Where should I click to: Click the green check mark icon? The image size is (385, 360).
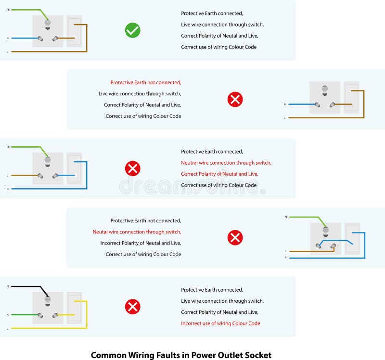click(132, 31)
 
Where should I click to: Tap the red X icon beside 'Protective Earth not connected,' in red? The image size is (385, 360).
click(235, 100)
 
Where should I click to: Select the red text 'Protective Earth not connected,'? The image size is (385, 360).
click(146, 83)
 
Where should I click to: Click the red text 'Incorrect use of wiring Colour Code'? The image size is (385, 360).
click(220, 323)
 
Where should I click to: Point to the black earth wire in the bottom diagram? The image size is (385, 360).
click(29, 286)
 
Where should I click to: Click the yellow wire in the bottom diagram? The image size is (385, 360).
click(48, 328)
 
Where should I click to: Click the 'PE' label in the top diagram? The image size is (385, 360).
click(8, 9)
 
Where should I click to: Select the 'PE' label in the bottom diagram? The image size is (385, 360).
click(8, 286)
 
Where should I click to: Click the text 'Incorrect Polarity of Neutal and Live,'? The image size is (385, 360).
click(141, 243)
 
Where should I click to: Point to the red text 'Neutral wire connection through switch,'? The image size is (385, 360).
click(226, 163)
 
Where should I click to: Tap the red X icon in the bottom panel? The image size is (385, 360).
click(132, 307)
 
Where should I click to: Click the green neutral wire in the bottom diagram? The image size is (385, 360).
click(24, 315)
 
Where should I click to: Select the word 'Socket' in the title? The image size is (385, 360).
click(257, 356)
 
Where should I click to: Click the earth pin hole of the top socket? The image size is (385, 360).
click(48, 22)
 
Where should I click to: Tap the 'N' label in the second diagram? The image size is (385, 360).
click(284, 104)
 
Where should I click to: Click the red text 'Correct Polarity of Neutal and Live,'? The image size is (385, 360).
click(219, 174)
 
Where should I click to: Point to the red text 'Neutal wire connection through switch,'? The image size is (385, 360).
click(137, 232)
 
